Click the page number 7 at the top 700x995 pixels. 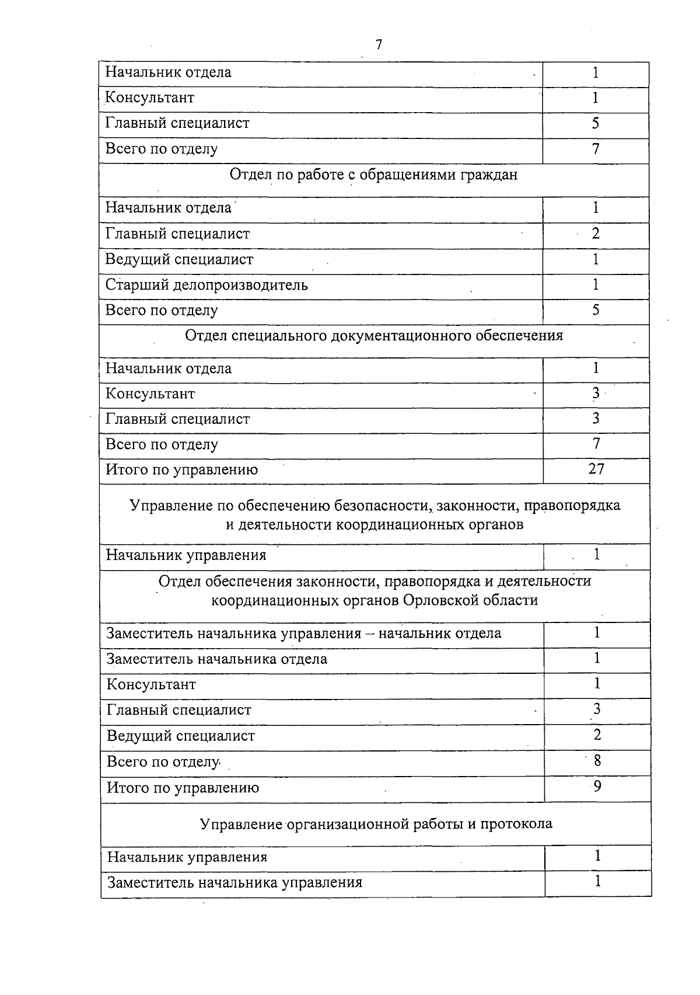379,44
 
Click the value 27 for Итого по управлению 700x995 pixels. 596,469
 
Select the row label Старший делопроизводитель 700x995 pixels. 206,285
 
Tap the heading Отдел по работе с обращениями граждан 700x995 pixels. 373,175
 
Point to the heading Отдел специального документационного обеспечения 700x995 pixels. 374,335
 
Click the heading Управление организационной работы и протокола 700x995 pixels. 376,823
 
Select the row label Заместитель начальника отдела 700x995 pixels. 217,659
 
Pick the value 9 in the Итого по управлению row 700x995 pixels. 597,787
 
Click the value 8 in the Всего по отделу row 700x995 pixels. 597,760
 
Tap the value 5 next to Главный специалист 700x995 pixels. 596,123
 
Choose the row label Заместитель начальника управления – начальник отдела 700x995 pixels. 304,634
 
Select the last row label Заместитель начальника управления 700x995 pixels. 235,882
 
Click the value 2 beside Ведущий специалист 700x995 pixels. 597,735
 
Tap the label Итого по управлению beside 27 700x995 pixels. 181,469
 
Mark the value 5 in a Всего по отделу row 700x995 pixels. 596,309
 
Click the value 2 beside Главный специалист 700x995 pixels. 596,234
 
